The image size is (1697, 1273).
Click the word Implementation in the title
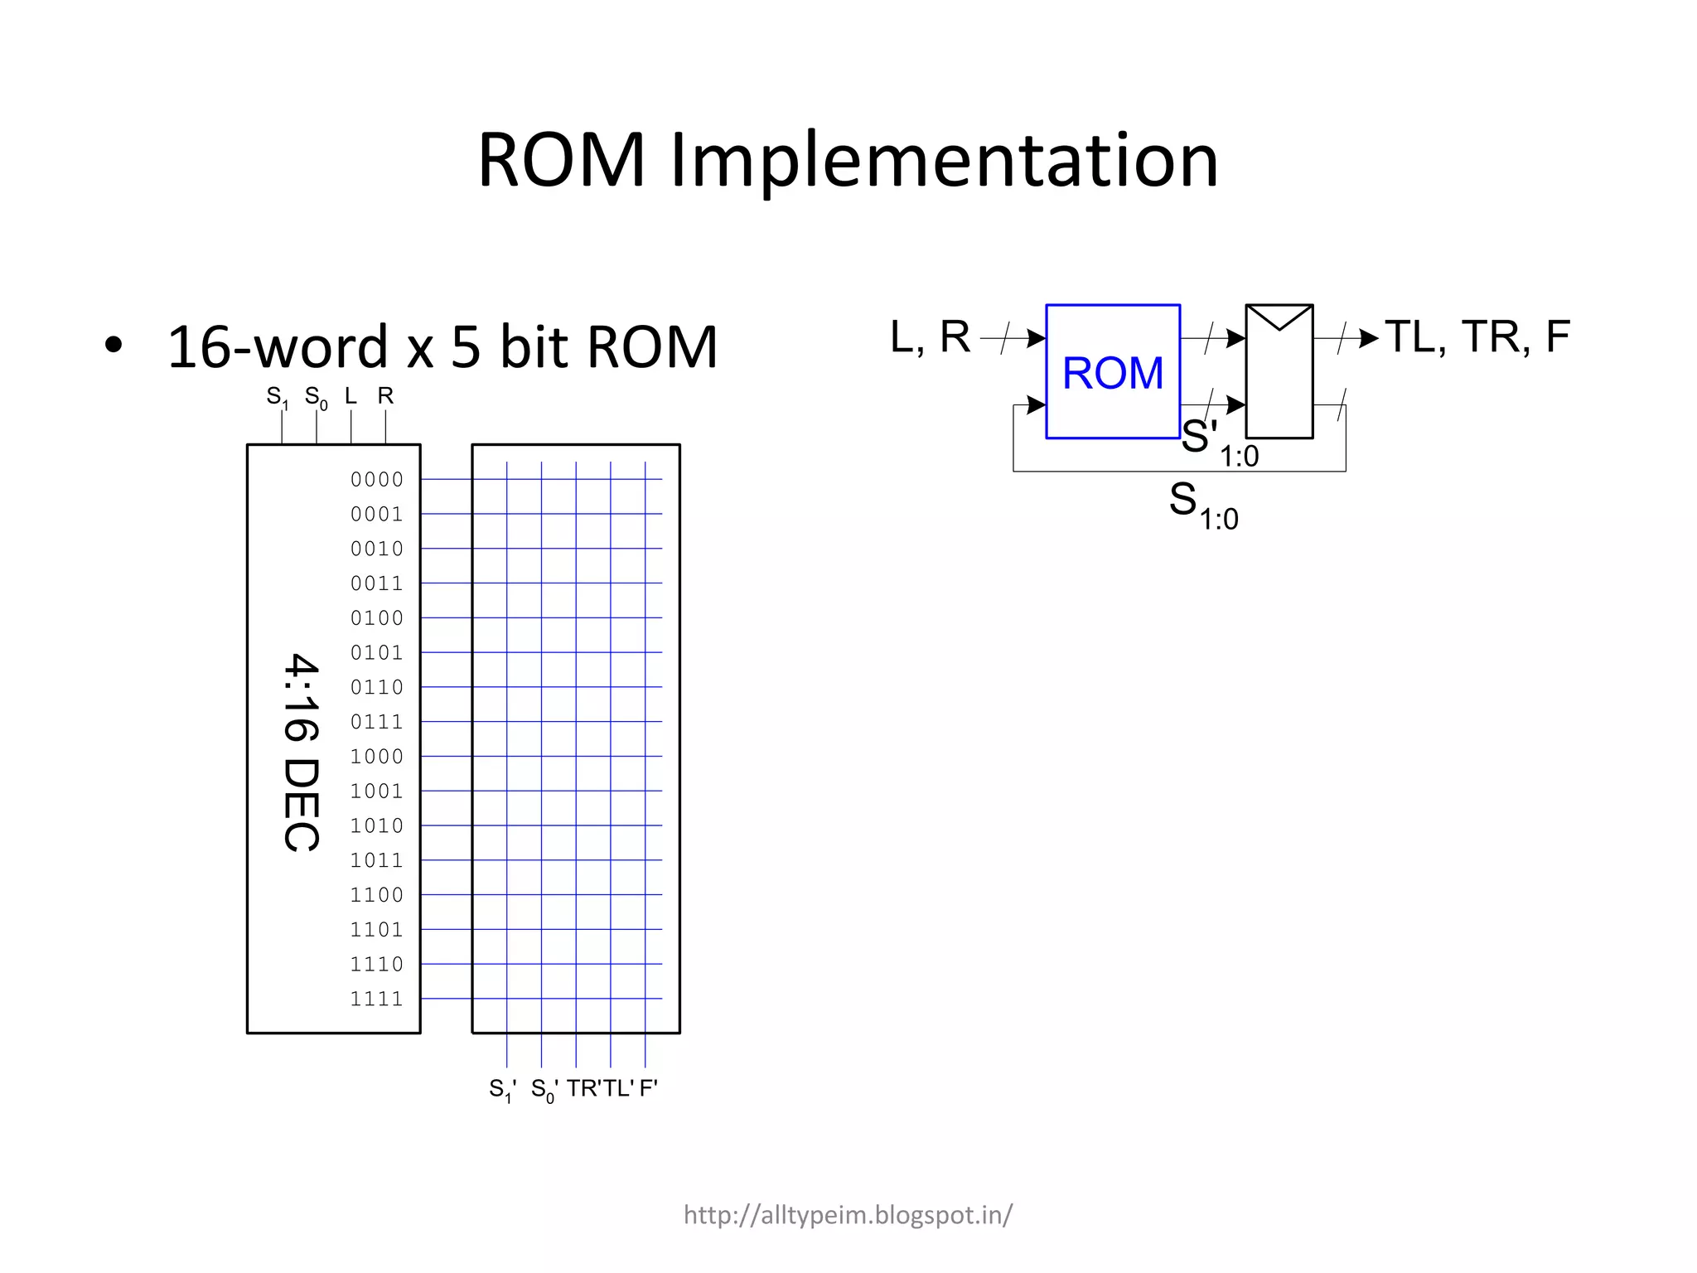tap(944, 161)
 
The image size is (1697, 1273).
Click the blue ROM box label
tap(1112, 373)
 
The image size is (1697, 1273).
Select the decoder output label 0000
tap(376, 480)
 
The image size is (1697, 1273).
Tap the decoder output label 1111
tap(376, 999)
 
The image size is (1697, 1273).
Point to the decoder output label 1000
tap(376, 757)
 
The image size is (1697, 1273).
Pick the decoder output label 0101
tap(376, 653)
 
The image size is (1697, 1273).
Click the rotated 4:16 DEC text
tap(301, 753)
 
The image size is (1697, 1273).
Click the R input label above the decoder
tap(385, 396)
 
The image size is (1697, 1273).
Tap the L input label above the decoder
tap(351, 396)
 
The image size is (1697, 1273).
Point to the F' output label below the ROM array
tap(648, 1088)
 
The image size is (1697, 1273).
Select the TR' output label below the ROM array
tap(583, 1088)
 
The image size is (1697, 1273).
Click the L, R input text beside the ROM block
tap(929, 337)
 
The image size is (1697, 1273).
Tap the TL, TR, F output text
tap(1477, 337)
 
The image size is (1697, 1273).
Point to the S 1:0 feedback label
tap(1202, 506)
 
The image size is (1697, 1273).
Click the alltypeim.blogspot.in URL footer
tap(848, 1215)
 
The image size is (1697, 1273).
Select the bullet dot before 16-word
tap(114, 346)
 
